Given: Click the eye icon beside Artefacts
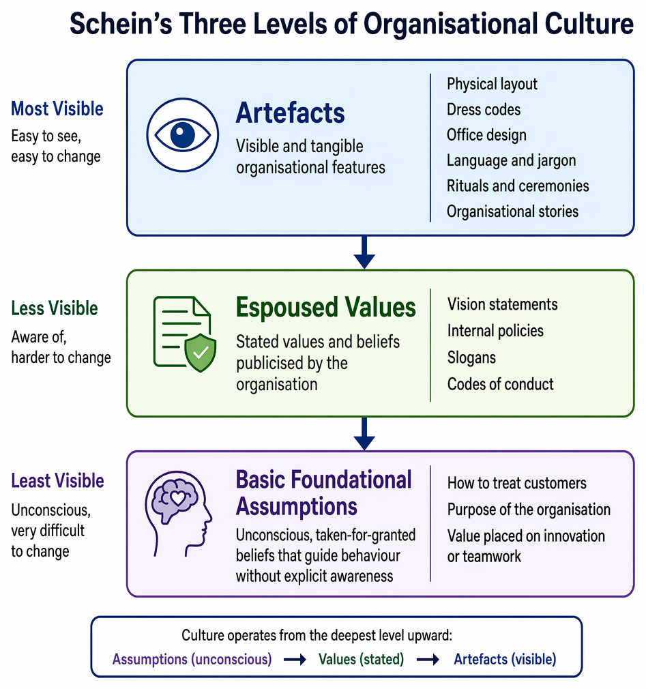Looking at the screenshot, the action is (x=182, y=134).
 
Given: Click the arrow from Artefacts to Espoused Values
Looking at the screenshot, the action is (x=364, y=252).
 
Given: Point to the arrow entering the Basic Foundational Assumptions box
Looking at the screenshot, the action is (x=364, y=434).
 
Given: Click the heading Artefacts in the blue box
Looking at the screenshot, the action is (x=290, y=113).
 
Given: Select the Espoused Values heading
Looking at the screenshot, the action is (x=325, y=307).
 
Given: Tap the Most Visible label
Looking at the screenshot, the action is (x=57, y=108).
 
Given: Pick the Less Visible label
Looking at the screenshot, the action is (x=55, y=308).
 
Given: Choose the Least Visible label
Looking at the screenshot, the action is (x=57, y=481).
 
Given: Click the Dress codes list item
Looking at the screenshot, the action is (x=484, y=109).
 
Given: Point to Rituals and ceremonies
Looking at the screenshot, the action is (x=518, y=186).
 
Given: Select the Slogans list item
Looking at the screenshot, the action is (x=471, y=357).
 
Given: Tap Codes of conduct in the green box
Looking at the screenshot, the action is (x=501, y=384).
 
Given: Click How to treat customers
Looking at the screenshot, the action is (x=517, y=483).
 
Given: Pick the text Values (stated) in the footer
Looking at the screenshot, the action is (x=362, y=659).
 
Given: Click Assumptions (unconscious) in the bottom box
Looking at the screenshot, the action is (x=192, y=659).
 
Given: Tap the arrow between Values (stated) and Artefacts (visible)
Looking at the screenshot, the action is (x=428, y=659).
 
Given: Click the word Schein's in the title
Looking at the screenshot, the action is (x=121, y=23).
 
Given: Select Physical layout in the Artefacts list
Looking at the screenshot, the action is (x=493, y=84).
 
